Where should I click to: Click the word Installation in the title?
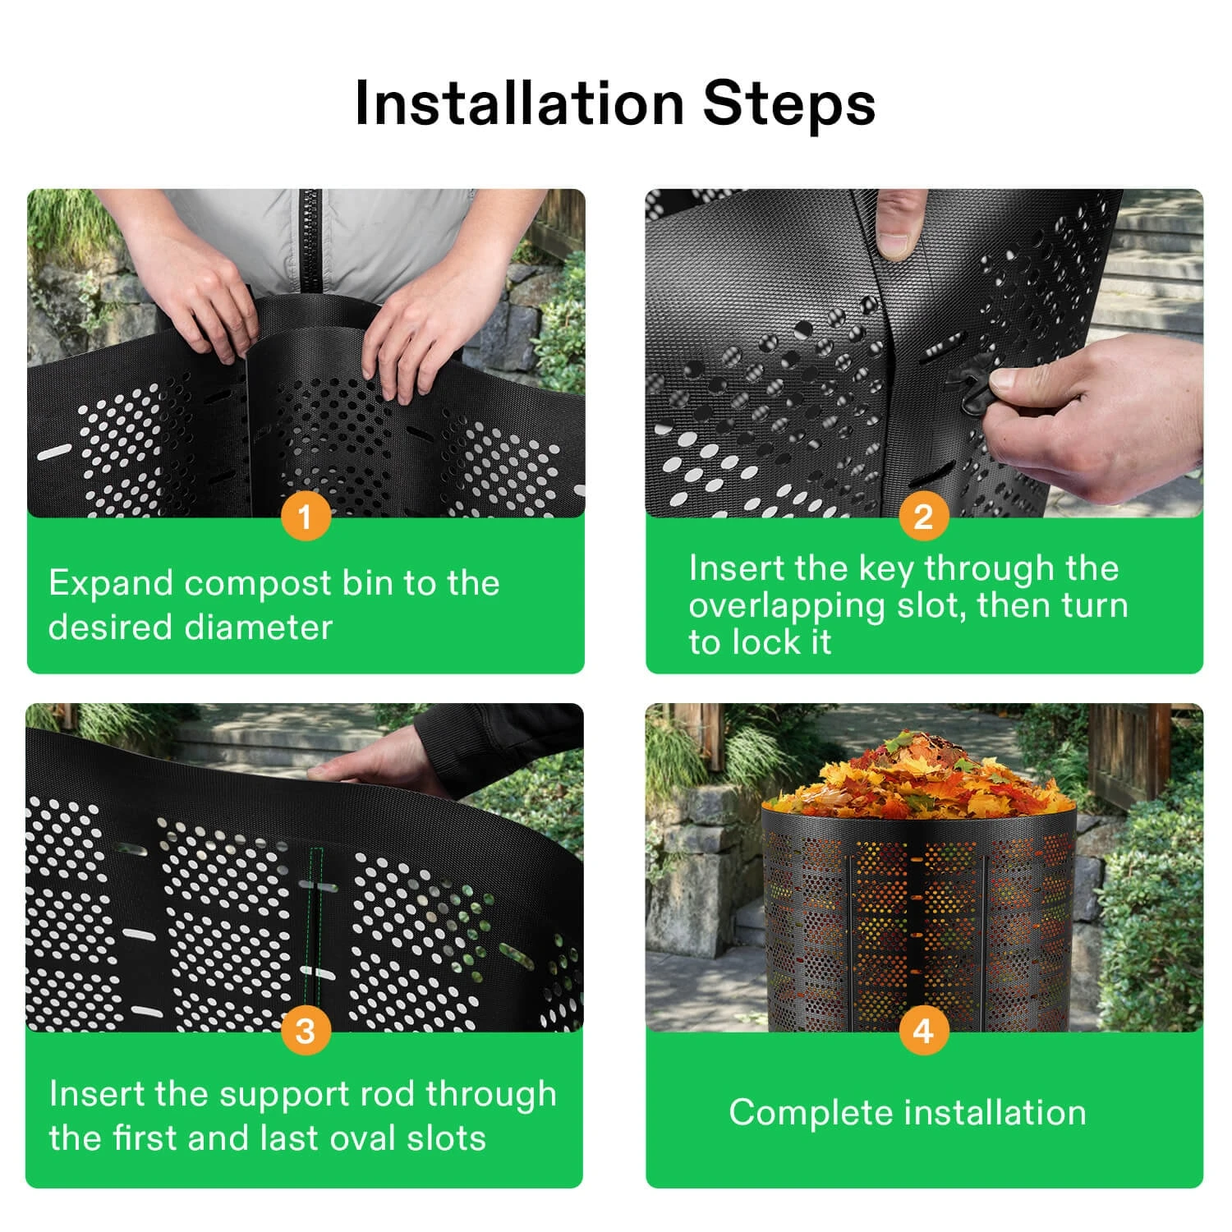point(519,104)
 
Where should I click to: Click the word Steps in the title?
point(788,104)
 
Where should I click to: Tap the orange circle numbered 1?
point(306,517)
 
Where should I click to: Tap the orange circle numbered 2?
point(923,517)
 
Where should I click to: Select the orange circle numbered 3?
point(306,1030)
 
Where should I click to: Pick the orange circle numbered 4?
point(923,1030)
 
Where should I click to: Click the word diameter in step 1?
point(259,627)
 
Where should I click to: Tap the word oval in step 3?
point(360,1138)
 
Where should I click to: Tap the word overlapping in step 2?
point(786,605)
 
